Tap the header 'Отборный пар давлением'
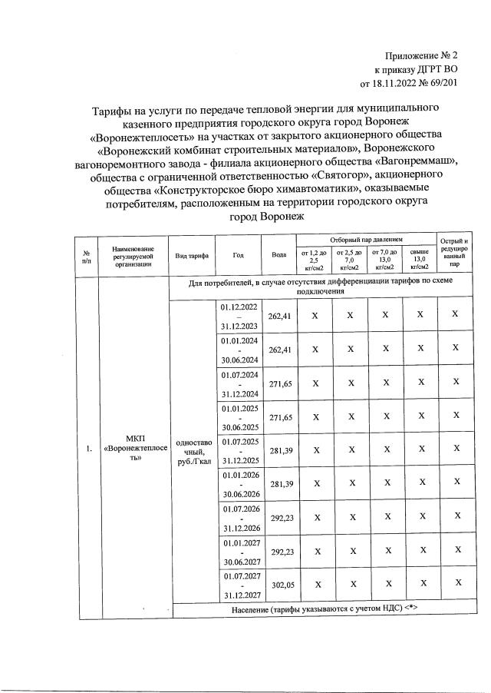pos(365,240)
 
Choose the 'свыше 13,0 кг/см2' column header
pos(419,260)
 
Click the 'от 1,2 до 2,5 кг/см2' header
pos(313,260)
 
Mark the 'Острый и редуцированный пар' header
pos(455,254)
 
